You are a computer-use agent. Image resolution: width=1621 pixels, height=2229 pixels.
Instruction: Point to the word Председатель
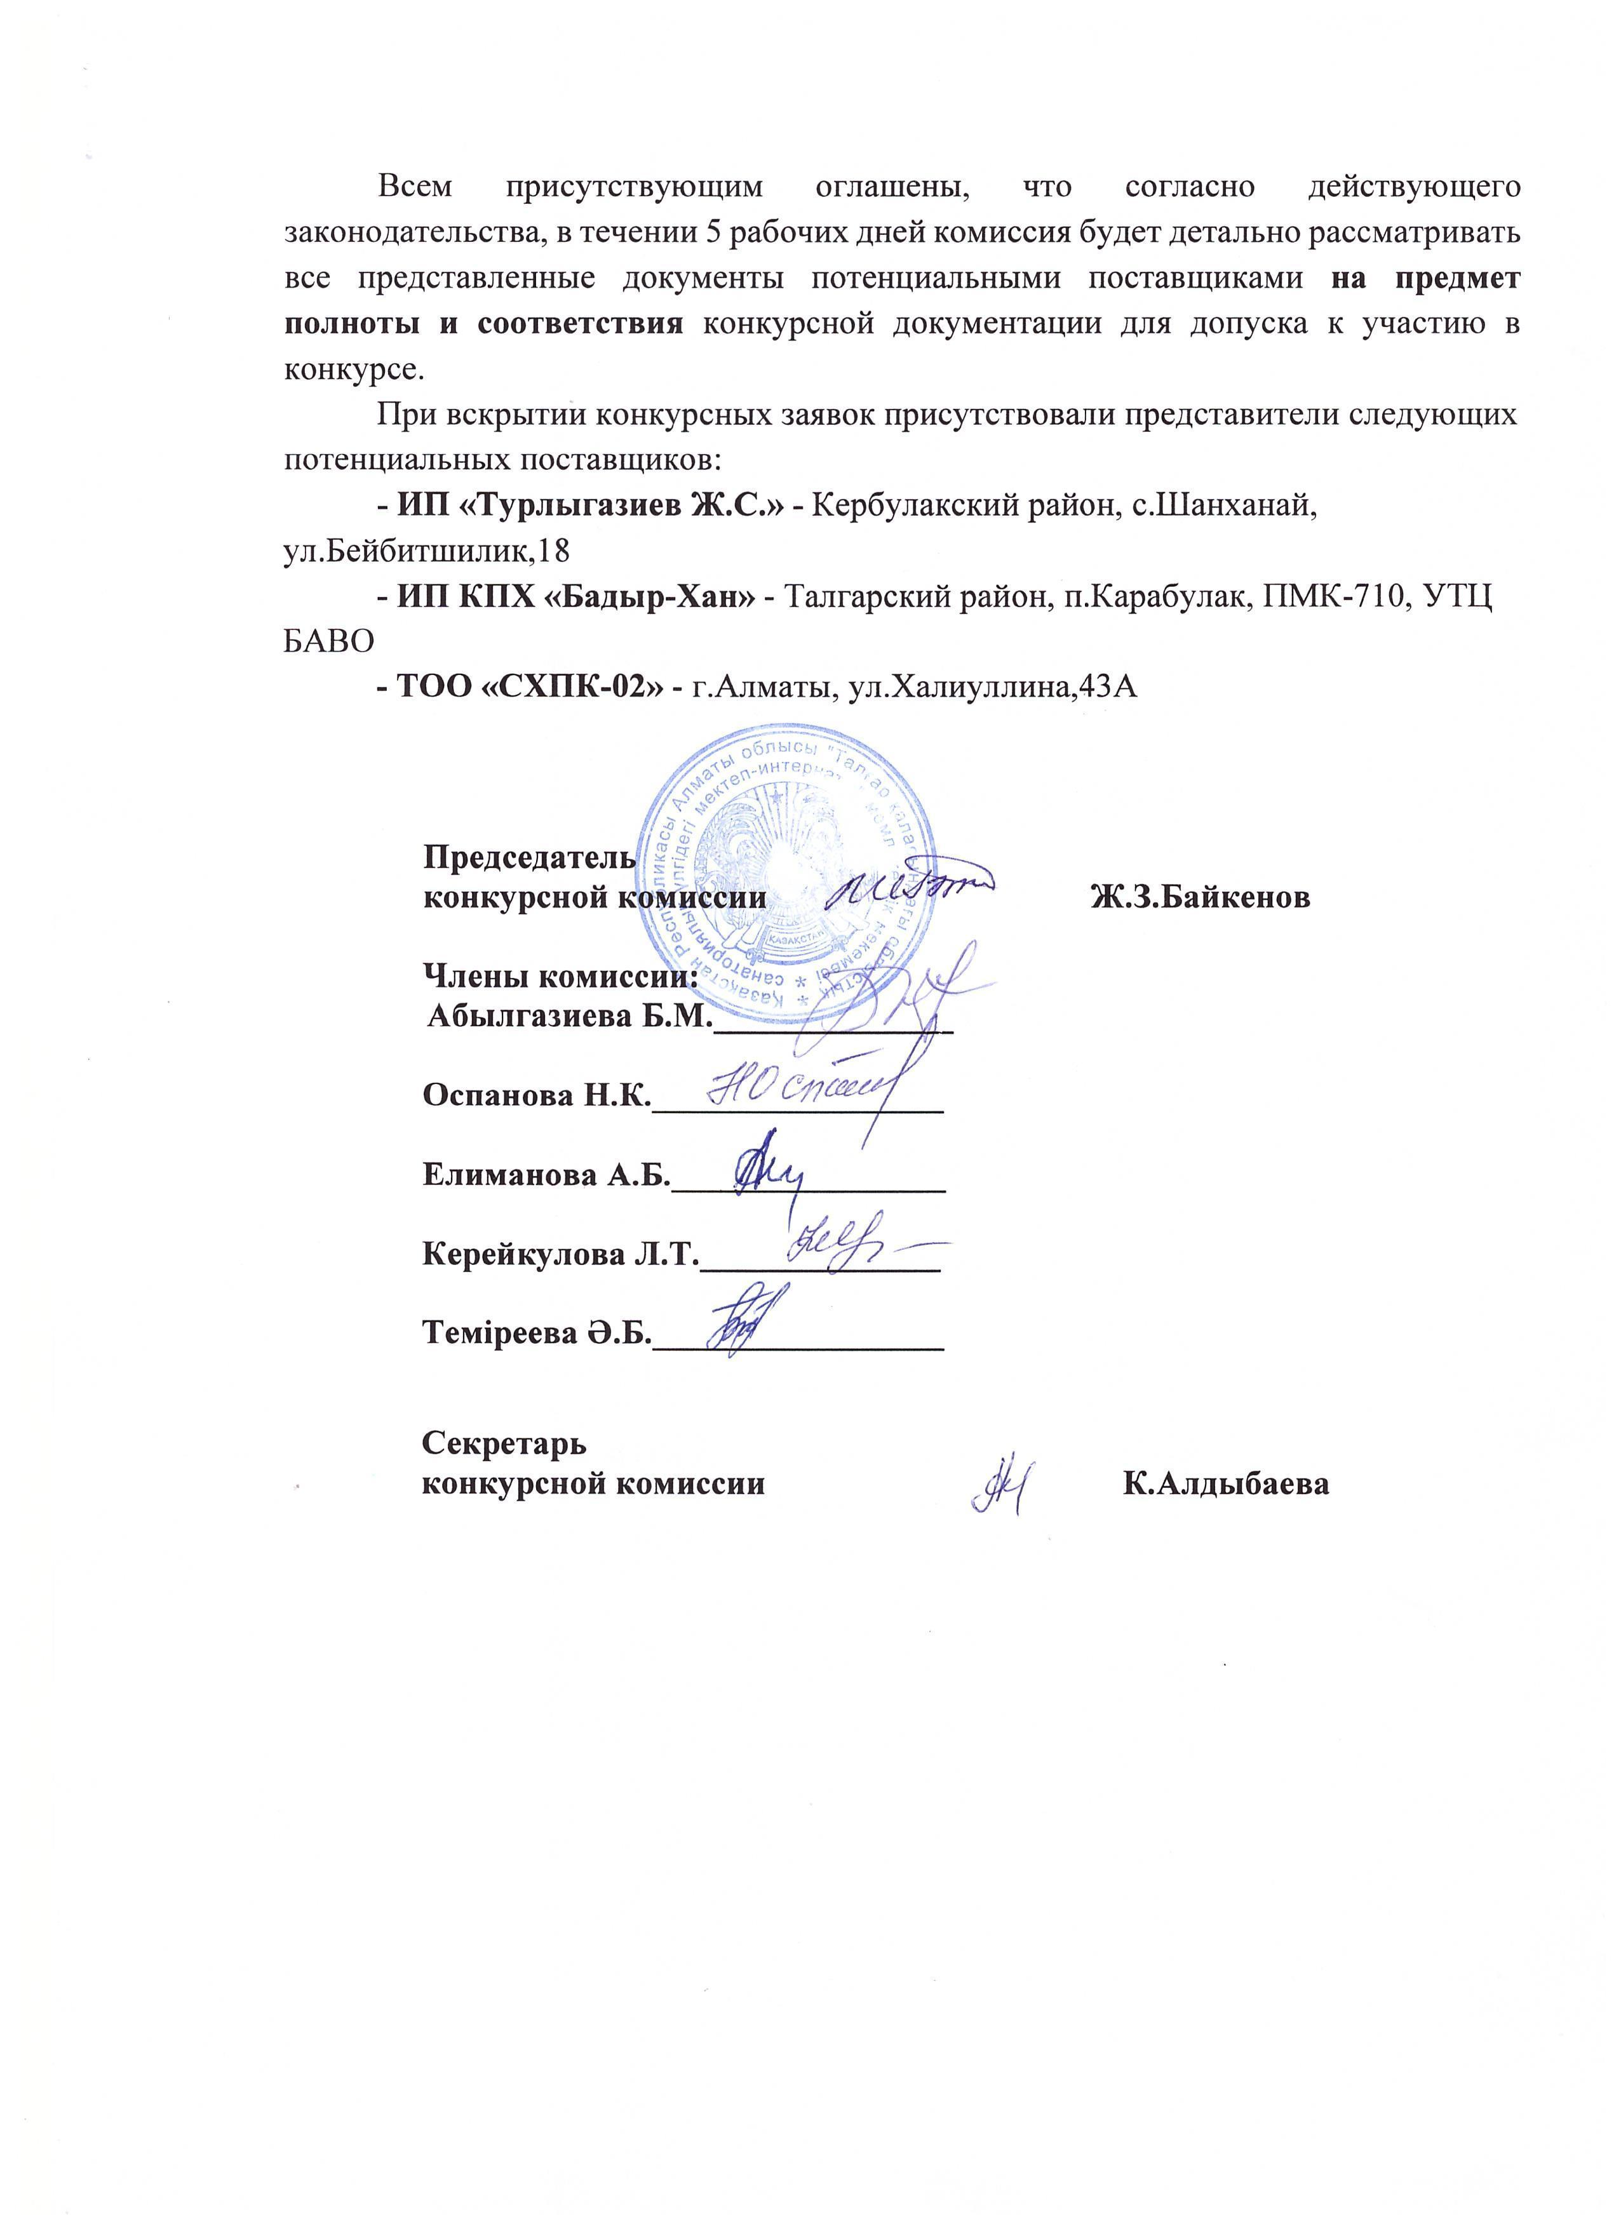coord(529,857)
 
